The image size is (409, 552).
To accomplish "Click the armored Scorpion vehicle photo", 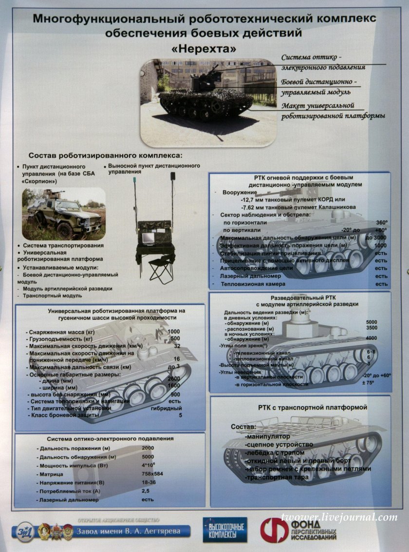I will [x=64, y=214].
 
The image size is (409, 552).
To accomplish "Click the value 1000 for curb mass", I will [x=173, y=332].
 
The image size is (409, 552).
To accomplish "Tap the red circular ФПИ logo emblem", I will [x=274, y=530].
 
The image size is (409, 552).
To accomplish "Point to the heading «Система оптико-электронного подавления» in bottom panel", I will [x=110, y=438].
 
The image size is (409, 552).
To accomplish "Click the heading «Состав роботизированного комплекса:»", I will [x=105, y=156].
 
